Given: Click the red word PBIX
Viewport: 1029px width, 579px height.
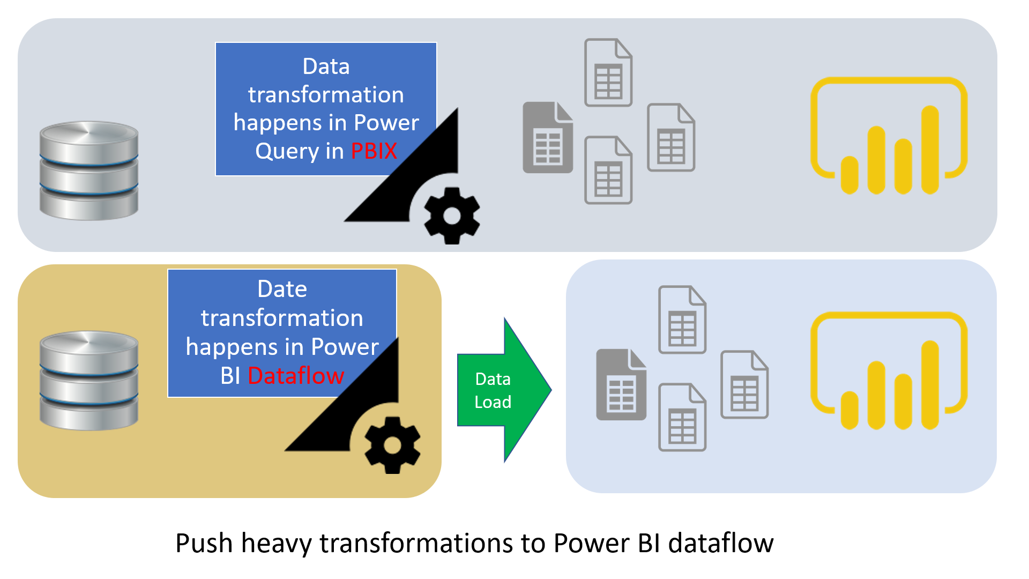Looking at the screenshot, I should coord(374,151).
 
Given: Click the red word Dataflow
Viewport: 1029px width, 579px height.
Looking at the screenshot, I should coord(296,375).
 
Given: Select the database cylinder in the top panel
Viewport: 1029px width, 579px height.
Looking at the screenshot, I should coord(89,170).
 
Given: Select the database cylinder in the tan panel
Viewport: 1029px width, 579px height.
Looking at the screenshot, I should coord(89,380).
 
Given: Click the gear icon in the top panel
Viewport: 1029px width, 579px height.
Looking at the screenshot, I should coord(452,216).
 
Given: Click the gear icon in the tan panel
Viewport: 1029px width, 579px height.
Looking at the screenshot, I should coord(392,445).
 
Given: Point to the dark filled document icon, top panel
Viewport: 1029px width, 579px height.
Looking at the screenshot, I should coord(547,138).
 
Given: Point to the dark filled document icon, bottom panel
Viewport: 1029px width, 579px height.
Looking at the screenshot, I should coord(621,385).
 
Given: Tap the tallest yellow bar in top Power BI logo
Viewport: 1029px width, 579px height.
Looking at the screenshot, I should coord(930,150).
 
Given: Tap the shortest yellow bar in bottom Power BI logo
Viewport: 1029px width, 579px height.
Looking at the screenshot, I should coord(849,410).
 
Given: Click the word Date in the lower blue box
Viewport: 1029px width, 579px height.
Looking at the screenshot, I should coord(282,289).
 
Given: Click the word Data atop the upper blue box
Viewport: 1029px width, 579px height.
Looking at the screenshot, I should coord(326,66).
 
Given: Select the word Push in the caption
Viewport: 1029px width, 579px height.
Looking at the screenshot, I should coord(204,543).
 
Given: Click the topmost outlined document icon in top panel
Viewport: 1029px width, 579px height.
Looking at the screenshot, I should coord(608,72).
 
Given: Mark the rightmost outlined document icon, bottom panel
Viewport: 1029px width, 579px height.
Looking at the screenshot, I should coord(744,384).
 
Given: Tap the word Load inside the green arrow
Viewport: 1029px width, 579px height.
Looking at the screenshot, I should coord(493,402).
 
